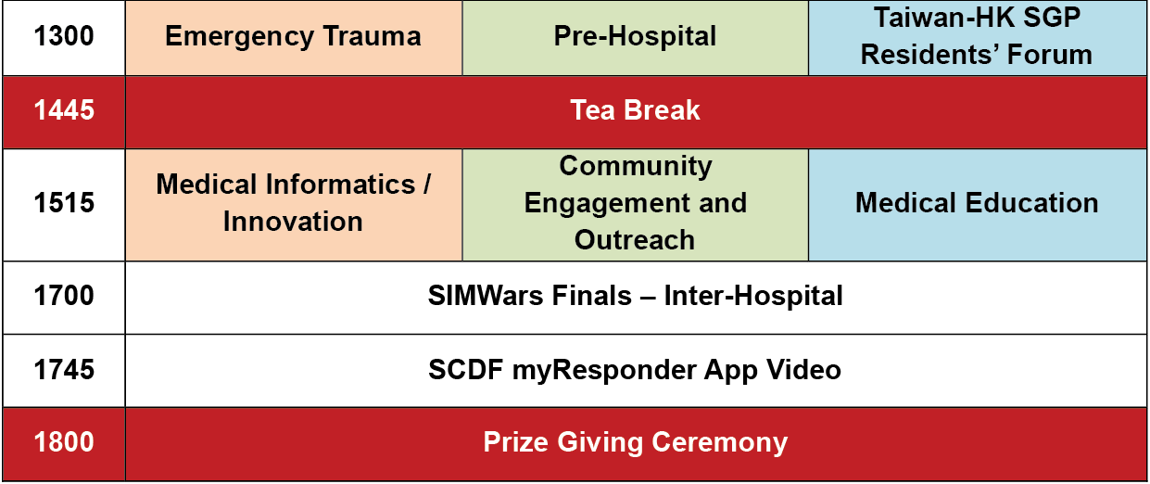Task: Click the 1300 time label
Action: pyautogui.click(x=64, y=36)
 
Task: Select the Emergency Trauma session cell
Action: pyautogui.click(x=294, y=37)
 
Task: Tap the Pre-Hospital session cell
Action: pyautogui.click(x=635, y=37)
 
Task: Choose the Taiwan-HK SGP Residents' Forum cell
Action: pyautogui.click(x=978, y=37)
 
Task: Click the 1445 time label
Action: pyautogui.click(x=64, y=110)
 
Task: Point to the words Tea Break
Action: pyautogui.click(x=635, y=110)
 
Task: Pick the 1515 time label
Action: pyautogui.click(x=64, y=203)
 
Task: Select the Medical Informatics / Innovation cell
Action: pyautogui.click(x=294, y=205)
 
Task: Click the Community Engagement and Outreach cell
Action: pyautogui.click(x=635, y=205)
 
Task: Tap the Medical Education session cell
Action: pyautogui.click(x=978, y=205)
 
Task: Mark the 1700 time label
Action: pyautogui.click(x=64, y=296)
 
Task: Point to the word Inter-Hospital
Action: pyautogui.click(x=753, y=296)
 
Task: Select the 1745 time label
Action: pyautogui.click(x=64, y=370)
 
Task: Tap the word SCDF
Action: pyautogui.click(x=465, y=370)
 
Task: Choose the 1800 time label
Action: pyautogui.click(x=64, y=442)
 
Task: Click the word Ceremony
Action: pyautogui.click(x=719, y=443)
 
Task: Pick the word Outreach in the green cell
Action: pyautogui.click(x=635, y=240)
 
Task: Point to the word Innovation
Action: pyautogui.click(x=293, y=222)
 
